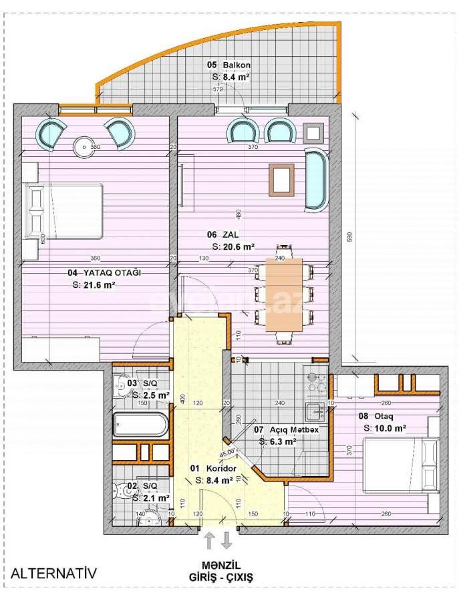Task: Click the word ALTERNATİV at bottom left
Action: (54, 572)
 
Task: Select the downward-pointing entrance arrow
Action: (227, 540)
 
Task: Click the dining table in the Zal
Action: (284, 294)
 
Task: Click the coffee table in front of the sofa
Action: (281, 179)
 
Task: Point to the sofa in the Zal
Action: (316, 179)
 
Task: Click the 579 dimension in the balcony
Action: (217, 89)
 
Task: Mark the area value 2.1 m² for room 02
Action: (150, 497)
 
